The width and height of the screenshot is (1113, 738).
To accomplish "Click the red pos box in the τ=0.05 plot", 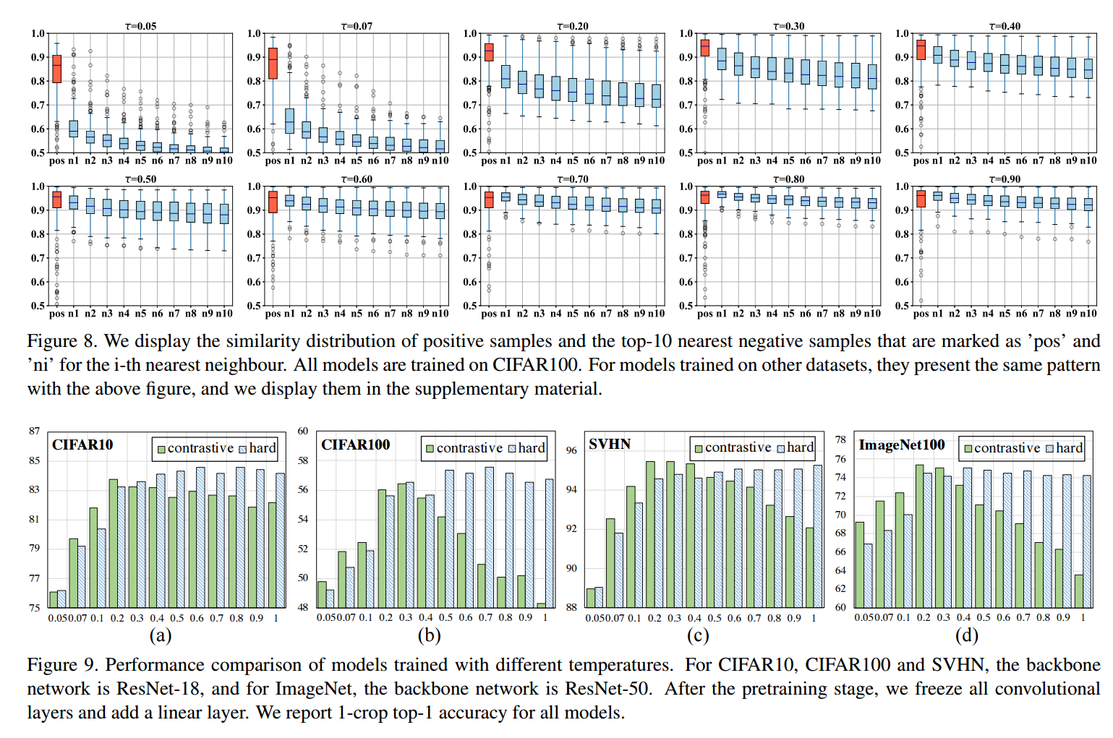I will [x=56, y=69].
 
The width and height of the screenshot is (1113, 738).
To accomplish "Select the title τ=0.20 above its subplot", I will [x=572, y=26].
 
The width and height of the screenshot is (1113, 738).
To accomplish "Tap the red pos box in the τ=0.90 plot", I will [x=921, y=199].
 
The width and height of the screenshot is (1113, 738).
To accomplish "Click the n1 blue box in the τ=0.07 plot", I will [x=289, y=121].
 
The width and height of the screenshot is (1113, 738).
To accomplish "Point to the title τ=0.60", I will [x=357, y=179].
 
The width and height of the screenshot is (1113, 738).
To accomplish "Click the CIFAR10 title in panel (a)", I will [x=82, y=445].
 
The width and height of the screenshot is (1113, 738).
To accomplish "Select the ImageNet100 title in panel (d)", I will [x=901, y=445].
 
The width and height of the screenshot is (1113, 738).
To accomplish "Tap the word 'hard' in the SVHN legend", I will [x=800, y=447].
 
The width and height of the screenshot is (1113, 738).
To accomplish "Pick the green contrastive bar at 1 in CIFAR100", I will [x=541, y=605].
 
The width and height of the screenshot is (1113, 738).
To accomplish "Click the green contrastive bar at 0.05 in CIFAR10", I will [x=54, y=599].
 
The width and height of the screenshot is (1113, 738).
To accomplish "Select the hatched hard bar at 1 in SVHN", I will [x=817, y=536].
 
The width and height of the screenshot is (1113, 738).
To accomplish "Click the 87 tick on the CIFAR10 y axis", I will [x=35, y=431].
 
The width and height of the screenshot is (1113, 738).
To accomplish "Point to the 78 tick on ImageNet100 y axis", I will [x=840, y=439].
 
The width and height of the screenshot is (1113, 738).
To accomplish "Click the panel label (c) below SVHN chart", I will [x=698, y=635].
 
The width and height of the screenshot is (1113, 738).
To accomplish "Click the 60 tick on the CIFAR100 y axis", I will [x=303, y=431].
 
